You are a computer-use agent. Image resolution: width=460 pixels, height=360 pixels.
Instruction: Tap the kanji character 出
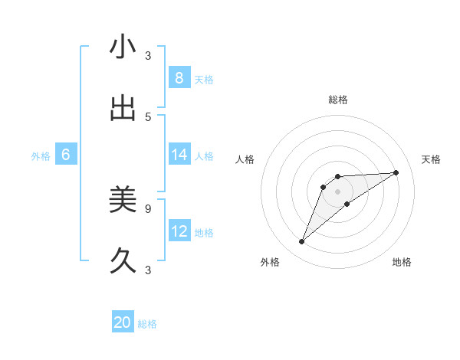click(123, 108)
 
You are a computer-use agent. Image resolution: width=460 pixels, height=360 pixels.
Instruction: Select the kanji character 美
click(123, 199)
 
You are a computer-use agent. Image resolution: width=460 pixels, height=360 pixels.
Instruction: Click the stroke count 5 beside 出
click(148, 116)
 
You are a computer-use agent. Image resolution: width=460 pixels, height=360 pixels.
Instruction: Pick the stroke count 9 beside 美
click(148, 208)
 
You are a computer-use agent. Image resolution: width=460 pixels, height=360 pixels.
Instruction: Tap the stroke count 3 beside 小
click(148, 55)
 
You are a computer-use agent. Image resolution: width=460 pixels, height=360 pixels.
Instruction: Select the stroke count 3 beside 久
click(148, 270)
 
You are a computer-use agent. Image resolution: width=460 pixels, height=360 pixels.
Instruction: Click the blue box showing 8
click(179, 77)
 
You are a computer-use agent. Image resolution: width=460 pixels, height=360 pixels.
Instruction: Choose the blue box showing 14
click(179, 155)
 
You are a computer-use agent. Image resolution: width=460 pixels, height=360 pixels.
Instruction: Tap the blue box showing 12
click(179, 231)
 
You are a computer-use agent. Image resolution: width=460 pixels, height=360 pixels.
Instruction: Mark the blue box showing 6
click(66, 155)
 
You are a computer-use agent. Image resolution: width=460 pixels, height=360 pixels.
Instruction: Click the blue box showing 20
click(123, 322)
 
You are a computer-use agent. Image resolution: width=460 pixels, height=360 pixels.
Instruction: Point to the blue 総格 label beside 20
click(147, 324)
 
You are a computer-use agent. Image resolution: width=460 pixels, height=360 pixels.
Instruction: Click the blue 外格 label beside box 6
click(41, 156)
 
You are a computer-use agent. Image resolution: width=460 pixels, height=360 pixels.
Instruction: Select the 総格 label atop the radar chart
click(338, 100)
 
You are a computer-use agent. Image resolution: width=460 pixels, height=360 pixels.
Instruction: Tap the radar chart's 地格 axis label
click(402, 263)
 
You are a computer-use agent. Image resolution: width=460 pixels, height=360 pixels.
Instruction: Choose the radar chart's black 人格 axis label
click(245, 159)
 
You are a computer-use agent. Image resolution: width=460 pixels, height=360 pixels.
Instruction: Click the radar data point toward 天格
click(396, 172)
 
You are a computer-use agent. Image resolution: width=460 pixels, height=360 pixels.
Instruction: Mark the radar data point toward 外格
click(302, 242)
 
